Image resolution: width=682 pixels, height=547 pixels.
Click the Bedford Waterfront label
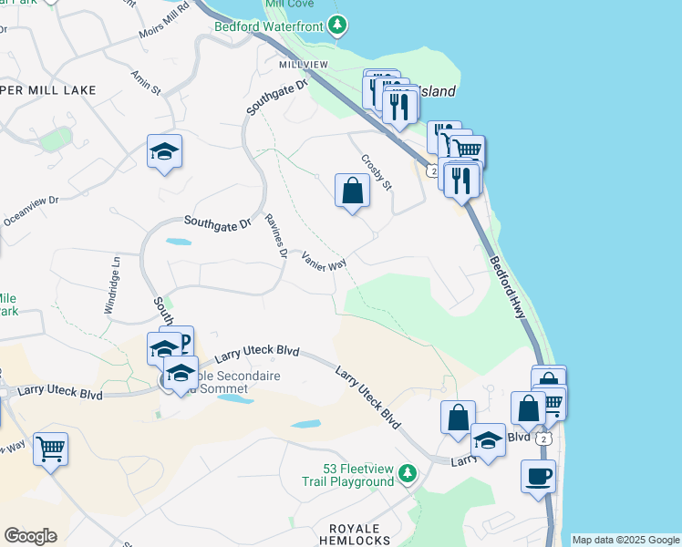tap(268, 26)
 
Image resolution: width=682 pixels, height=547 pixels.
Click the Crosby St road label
tap(376, 171)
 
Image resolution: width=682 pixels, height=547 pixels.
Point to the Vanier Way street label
tap(325, 259)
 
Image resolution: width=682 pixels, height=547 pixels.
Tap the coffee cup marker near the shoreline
tap(538, 475)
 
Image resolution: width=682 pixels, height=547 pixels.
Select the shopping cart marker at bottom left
tap(51, 448)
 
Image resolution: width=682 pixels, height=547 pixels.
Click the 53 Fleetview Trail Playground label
tap(347, 474)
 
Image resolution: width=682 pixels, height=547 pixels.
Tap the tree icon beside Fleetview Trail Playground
tap(407, 473)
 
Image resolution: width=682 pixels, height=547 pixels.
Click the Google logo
tap(30, 536)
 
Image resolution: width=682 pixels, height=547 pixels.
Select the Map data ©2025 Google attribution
tap(625, 540)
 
